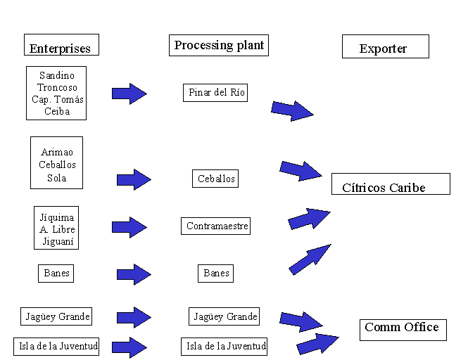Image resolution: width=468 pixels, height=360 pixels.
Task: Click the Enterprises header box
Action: (61, 45)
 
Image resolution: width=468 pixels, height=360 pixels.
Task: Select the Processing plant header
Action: (219, 46)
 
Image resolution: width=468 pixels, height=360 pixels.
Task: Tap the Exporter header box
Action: (384, 46)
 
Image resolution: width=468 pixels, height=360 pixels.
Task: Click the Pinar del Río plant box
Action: (217, 92)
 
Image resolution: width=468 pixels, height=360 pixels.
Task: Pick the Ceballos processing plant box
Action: (216, 179)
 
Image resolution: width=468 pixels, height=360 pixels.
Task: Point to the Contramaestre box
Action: (217, 226)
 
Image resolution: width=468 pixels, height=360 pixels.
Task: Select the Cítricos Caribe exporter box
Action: (390, 184)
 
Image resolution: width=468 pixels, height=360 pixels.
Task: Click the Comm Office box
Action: (403, 328)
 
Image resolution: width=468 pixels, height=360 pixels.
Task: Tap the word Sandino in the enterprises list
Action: (57, 75)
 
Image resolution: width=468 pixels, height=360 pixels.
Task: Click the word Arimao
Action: (57, 152)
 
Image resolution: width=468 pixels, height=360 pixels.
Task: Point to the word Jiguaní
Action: (57, 241)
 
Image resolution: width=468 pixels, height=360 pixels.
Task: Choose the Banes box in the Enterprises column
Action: (56, 273)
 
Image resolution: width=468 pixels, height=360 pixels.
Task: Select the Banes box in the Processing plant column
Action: (216, 273)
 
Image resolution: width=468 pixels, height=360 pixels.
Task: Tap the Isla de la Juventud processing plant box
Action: (226, 346)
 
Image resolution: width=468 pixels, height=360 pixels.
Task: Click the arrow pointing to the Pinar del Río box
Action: (129, 93)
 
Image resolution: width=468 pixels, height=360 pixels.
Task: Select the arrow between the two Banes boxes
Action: (134, 274)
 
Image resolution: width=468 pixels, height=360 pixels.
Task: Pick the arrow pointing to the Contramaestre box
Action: (129, 226)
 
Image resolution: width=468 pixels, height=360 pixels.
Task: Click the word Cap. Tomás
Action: (57, 99)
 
